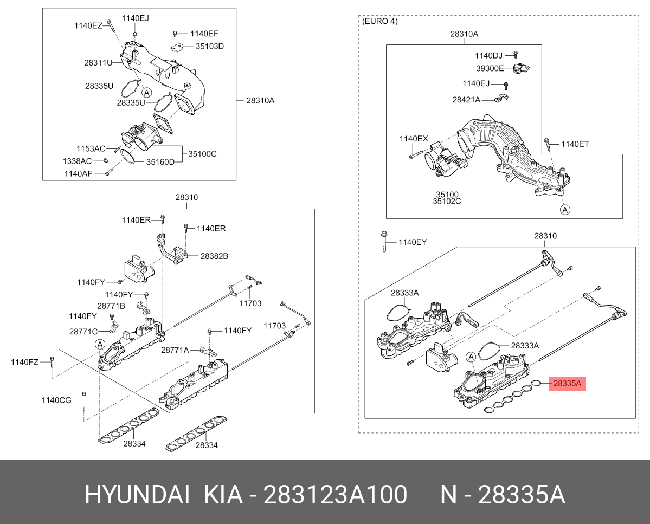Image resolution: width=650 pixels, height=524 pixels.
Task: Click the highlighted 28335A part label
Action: click(x=567, y=384)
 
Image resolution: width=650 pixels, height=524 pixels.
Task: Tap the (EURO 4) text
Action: click(x=379, y=22)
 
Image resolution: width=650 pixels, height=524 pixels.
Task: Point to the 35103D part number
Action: click(x=210, y=46)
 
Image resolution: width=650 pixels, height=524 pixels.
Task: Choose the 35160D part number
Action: click(x=161, y=161)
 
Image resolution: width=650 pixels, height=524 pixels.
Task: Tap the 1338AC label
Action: click(x=76, y=161)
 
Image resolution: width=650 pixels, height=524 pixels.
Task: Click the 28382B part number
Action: click(x=214, y=255)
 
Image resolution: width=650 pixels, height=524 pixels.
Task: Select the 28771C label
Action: click(x=83, y=331)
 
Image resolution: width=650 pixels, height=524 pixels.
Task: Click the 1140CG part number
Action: click(x=56, y=400)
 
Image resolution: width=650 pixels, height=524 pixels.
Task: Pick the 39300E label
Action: click(x=490, y=68)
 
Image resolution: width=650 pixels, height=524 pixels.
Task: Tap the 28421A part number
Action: click(x=466, y=100)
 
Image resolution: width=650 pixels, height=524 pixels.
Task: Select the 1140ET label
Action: click(x=575, y=144)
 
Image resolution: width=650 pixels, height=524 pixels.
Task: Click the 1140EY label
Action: click(x=413, y=242)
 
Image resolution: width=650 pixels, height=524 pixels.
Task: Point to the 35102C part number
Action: click(x=447, y=202)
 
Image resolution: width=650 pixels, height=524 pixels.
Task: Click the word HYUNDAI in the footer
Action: click(x=137, y=495)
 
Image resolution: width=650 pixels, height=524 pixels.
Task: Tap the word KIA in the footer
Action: click(x=223, y=495)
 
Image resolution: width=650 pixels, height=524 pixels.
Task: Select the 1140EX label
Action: click(x=414, y=139)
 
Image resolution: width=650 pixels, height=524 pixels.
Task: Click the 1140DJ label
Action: click(x=488, y=55)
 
